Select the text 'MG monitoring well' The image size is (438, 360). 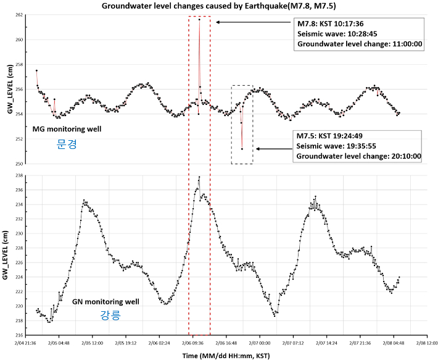pos(67,129)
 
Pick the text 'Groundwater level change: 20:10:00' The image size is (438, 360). pos(358,156)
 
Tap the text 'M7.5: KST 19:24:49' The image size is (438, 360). pos(330,135)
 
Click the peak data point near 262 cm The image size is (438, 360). pos(199,19)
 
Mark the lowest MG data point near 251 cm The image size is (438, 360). pos(242,149)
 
